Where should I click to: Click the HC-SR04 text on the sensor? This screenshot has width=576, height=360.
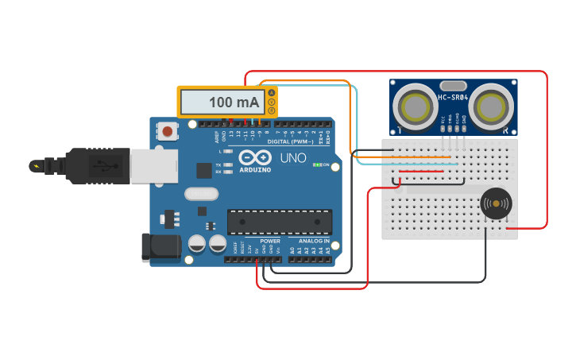453,98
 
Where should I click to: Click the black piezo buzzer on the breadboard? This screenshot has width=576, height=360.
497,204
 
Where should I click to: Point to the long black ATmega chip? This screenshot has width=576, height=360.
280,222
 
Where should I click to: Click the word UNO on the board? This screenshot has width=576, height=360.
292,157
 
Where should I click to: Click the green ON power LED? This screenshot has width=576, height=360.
317,165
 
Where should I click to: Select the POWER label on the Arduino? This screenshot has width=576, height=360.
270,241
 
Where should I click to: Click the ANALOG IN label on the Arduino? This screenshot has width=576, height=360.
314,241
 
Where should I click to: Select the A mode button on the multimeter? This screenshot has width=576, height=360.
272,94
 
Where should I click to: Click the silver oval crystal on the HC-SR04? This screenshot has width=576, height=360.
453,85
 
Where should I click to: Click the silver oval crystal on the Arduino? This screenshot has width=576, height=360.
201,193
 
